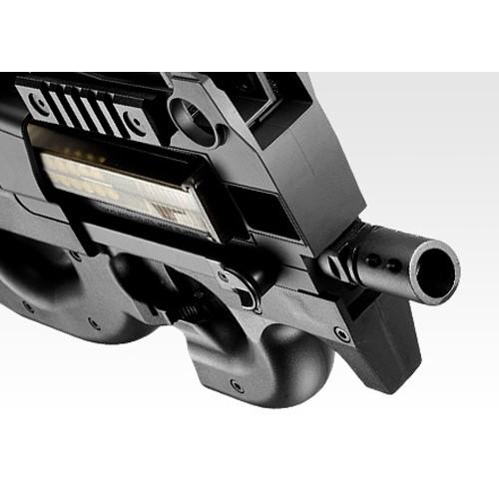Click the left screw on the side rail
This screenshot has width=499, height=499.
tap(37, 101)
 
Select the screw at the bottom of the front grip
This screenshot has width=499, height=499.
tap(237, 385)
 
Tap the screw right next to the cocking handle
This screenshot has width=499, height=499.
tap(222, 276)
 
